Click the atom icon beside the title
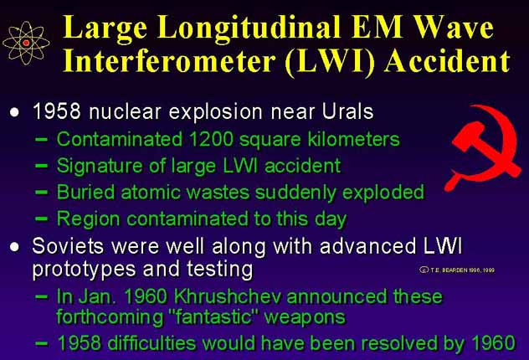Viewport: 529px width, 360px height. click(x=26, y=43)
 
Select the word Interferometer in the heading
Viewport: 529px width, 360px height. click(x=169, y=61)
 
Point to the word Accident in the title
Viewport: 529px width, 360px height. click(x=447, y=61)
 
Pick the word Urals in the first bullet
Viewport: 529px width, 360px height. click(x=348, y=111)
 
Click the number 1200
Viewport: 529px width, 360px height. click(x=211, y=139)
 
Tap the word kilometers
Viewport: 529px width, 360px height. click(x=353, y=139)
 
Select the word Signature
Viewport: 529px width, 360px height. click(x=100, y=167)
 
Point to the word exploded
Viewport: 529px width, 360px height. click(x=383, y=193)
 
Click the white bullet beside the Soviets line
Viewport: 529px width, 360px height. click(x=14, y=247)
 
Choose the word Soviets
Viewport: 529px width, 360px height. click(x=68, y=245)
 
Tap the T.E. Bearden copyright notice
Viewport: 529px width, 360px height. click(x=457, y=270)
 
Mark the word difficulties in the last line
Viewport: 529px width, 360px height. click(x=152, y=343)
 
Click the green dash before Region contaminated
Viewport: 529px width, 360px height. click(x=42, y=219)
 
